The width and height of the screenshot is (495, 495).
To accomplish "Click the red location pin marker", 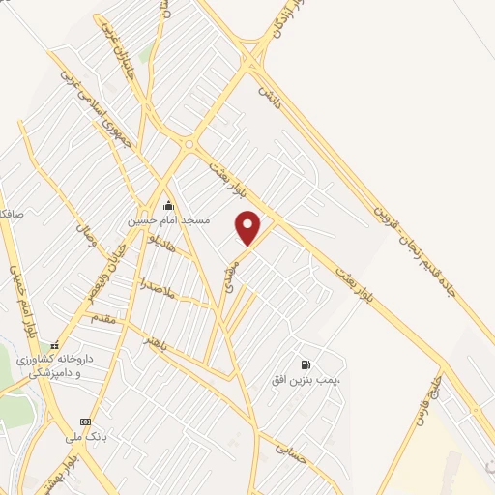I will point(248,227).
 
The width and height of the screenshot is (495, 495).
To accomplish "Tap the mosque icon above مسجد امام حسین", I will point(169,205).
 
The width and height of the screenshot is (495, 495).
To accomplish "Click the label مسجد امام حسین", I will point(169,220).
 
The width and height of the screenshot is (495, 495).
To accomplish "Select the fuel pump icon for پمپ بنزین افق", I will point(306,365).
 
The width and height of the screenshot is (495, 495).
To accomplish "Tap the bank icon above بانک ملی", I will point(86,422).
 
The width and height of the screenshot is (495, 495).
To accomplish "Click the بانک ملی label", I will point(86,437).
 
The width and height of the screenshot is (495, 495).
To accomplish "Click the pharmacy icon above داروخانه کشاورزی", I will point(55,344).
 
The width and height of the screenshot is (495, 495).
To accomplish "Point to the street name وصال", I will point(86,233).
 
